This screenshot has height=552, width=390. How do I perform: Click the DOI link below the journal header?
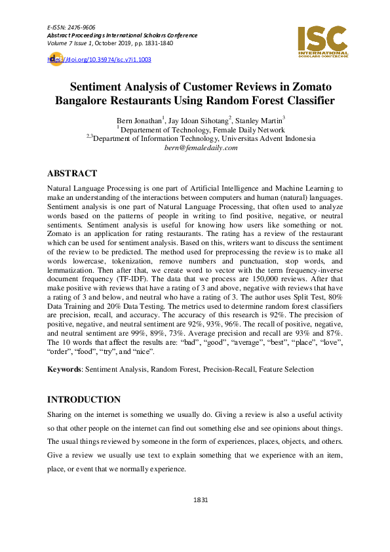coord(102,60)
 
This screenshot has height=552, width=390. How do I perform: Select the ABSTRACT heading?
coord(72,174)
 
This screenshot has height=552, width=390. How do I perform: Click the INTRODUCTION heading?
coord(84,399)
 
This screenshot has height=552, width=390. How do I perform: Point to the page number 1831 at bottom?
coord(201,500)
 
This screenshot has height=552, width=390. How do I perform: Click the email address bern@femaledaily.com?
coord(201,148)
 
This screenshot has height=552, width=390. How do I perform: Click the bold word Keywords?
coord(64,370)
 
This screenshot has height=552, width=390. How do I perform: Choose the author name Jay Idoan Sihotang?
coord(198,121)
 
